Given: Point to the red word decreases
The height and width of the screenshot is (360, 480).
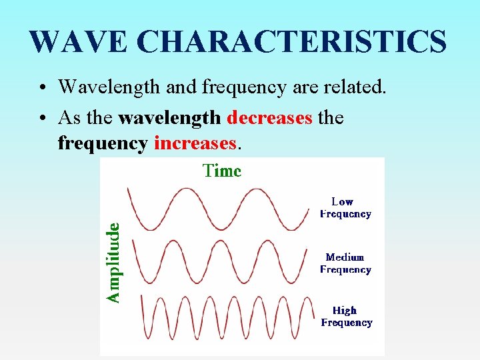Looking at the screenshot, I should click(x=269, y=118).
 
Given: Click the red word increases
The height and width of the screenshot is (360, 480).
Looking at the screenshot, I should click(x=195, y=143).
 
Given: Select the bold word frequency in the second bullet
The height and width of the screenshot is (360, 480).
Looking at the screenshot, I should click(x=102, y=143).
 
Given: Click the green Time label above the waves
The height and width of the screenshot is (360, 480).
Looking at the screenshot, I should click(x=222, y=171).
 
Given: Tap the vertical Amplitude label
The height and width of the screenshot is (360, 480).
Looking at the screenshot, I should click(x=115, y=263).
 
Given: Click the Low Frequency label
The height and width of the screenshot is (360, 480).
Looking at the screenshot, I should click(x=345, y=207).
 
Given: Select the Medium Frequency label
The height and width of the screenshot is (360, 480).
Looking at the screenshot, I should click(x=345, y=263).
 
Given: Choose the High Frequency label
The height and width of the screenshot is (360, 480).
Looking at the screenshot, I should click(x=345, y=317).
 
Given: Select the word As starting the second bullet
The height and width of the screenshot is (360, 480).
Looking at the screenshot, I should click(x=70, y=118).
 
